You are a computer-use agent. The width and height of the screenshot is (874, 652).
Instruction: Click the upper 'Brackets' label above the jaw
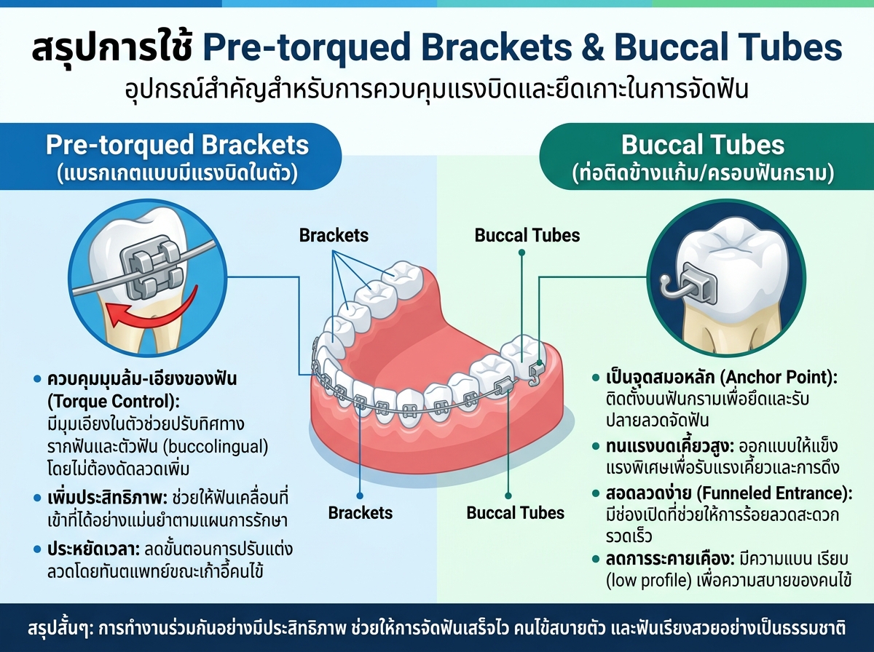point(334,236)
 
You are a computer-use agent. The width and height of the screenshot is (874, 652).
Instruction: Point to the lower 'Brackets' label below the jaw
point(361,513)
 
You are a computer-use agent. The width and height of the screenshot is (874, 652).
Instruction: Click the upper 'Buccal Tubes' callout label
point(527,236)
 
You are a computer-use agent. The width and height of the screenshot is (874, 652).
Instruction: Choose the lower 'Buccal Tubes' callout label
point(515,513)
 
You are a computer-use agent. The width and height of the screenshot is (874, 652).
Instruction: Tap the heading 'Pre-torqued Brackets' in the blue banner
point(177,145)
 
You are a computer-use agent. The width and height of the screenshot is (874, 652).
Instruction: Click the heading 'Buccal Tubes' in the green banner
point(703,145)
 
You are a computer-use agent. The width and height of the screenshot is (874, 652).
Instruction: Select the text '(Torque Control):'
point(114,402)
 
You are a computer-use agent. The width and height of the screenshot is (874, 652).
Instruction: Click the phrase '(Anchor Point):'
point(779,378)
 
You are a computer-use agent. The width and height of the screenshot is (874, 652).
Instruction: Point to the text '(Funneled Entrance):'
point(775,493)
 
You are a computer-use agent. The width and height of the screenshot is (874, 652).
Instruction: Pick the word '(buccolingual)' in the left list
point(216,447)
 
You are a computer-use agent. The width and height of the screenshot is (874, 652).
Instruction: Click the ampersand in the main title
point(593,49)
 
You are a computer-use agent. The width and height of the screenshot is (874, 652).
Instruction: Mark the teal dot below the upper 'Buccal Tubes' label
point(521,253)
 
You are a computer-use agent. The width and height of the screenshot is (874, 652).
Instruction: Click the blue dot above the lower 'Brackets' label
point(360,496)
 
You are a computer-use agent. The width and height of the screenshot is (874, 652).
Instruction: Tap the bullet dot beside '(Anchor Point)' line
point(596,378)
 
